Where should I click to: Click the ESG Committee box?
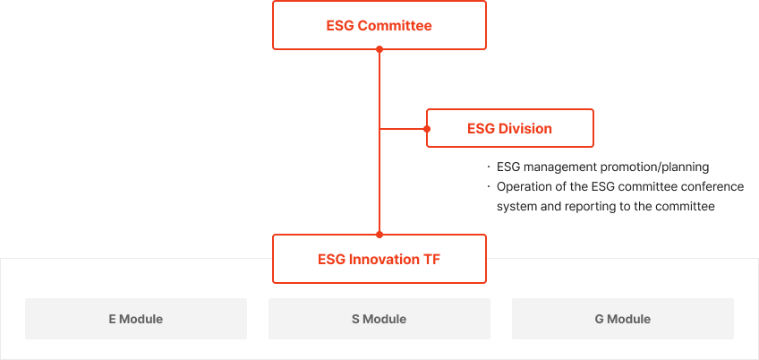(x=379, y=25)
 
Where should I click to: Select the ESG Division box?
(x=509, y=128)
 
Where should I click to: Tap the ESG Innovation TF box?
(x=379, y=259)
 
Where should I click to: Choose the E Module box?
(x=136, y=319)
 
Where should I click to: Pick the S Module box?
(x=379, y=319)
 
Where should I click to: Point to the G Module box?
(x=622, y=319)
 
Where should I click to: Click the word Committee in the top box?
(x=395, y=26)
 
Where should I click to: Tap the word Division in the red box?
(x=525, y=129)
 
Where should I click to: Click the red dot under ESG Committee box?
(x=379, y=49)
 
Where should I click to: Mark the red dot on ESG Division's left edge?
(x=427, y=129)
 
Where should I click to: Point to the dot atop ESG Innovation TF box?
(x=379, y=235)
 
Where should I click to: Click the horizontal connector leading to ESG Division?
(x=403, y=129)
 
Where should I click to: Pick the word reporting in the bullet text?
(x=589, y=207)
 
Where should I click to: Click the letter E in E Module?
(x=112, y=320)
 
